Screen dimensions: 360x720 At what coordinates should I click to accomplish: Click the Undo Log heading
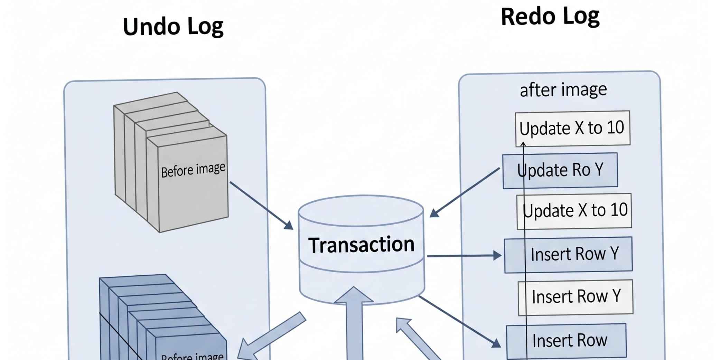point(173,27)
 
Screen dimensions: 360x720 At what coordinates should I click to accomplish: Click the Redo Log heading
point(550,16)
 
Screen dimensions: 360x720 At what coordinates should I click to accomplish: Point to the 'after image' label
point(563,89)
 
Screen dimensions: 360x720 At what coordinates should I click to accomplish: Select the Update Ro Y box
point(560,170)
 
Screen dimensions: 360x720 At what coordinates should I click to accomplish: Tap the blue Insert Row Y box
point(568,255)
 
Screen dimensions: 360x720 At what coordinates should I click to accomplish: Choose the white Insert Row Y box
point(576,297)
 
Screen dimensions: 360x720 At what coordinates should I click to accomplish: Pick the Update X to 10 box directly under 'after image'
point(572,128)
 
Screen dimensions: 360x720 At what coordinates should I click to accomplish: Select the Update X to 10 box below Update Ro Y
point(574,211)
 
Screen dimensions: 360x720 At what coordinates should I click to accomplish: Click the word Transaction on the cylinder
point(361,245)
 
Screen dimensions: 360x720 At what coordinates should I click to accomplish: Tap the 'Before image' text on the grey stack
point(193,170)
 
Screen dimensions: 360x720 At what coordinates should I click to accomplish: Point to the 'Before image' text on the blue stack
point(192,356)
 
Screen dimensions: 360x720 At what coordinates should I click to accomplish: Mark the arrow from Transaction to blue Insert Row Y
point(463,256)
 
